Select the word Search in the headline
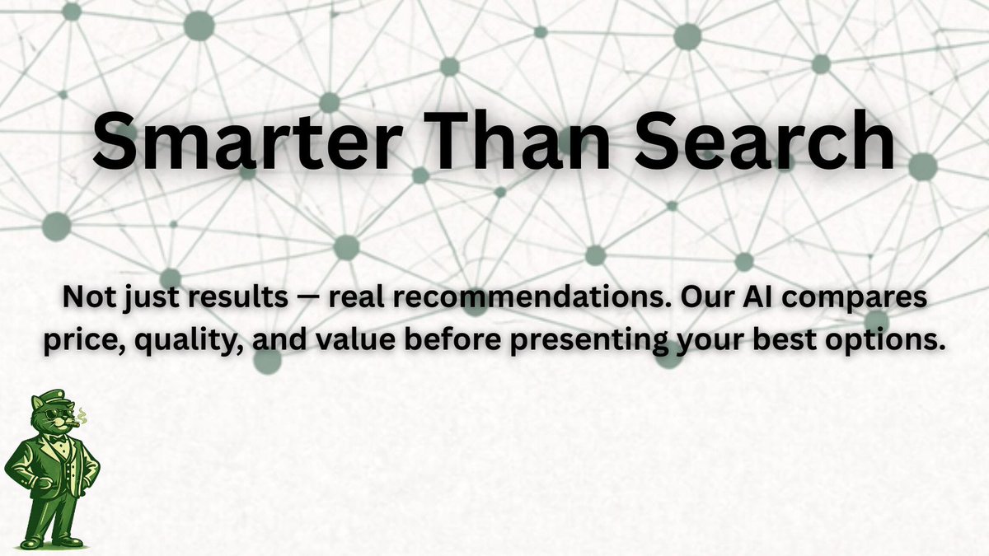(780, 142)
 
